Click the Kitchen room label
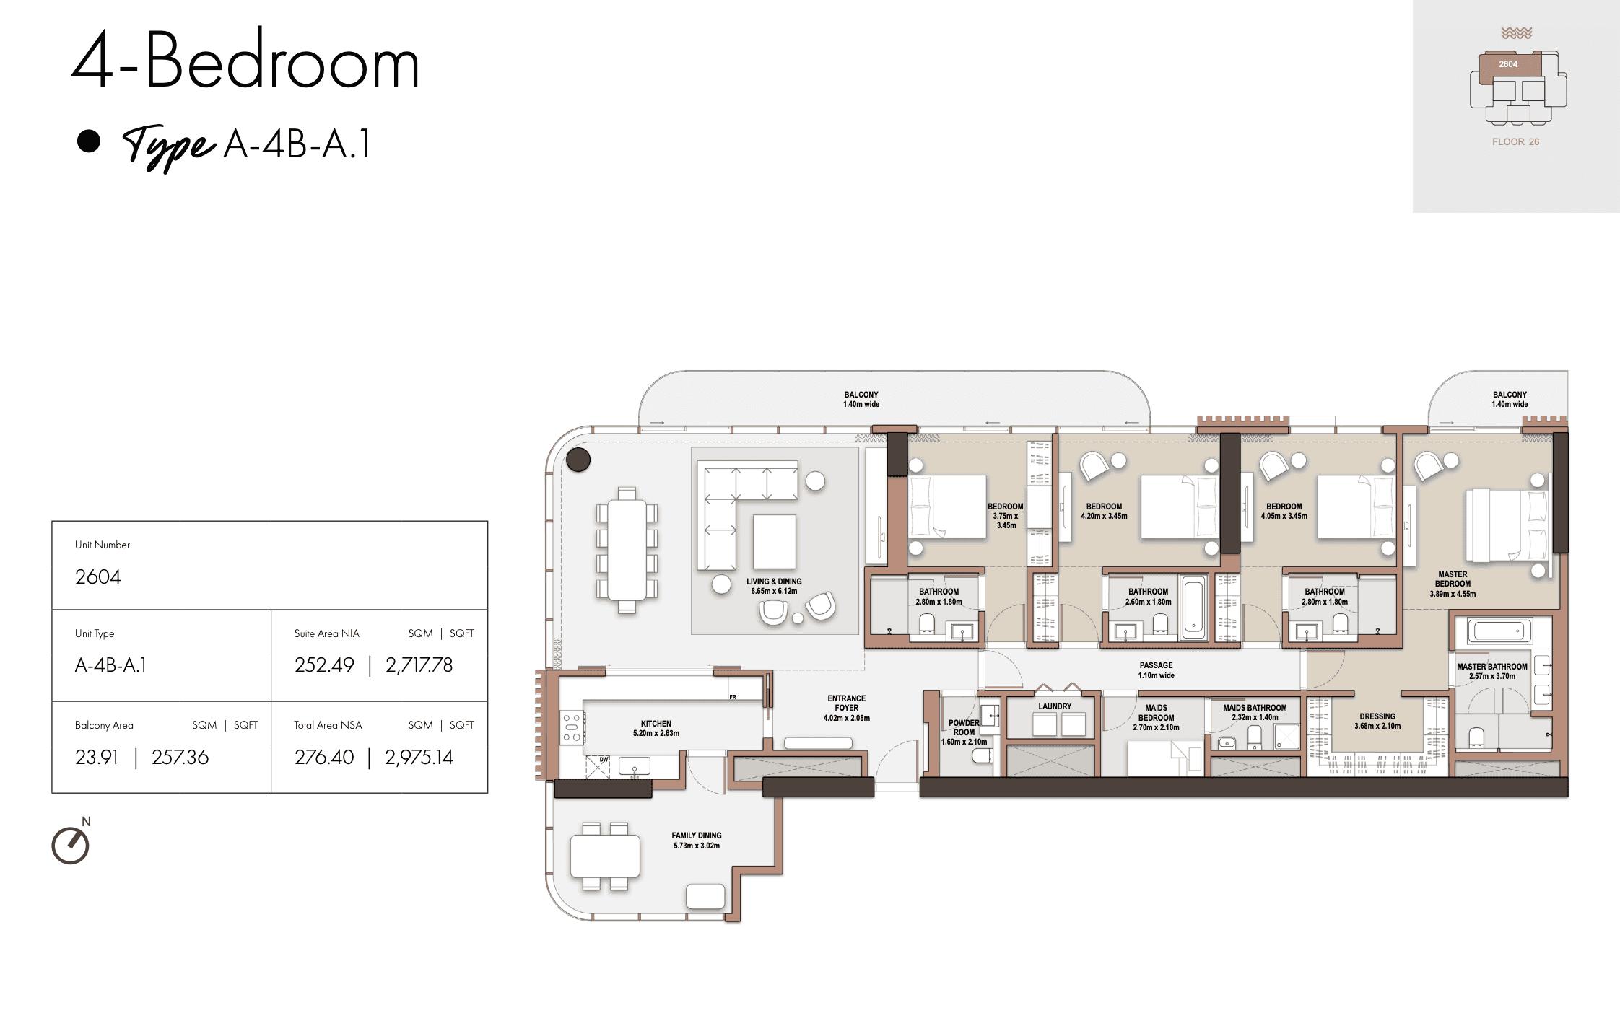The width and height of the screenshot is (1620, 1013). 656,728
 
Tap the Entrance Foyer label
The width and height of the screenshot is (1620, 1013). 846,708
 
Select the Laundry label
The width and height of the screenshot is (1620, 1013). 1055,706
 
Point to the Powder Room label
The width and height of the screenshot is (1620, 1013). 964,732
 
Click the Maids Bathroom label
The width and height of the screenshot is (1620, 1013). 1255,712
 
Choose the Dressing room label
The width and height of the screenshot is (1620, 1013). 1377,721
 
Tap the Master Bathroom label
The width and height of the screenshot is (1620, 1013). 1491,671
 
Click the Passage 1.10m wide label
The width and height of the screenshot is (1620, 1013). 1156,670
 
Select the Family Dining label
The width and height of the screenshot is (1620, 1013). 696,841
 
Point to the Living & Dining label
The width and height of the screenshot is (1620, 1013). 774,586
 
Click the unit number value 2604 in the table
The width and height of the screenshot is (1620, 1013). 97,576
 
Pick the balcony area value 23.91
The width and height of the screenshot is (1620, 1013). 96,757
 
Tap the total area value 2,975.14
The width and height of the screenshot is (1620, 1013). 419,757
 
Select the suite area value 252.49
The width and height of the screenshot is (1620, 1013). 323,665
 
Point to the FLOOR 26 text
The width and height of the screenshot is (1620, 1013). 1515,141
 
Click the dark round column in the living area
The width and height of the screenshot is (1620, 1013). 578,460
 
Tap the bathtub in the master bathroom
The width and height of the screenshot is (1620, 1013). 1498,632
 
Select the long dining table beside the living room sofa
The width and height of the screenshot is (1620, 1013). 627,550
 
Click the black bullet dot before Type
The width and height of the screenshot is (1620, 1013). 89,141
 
